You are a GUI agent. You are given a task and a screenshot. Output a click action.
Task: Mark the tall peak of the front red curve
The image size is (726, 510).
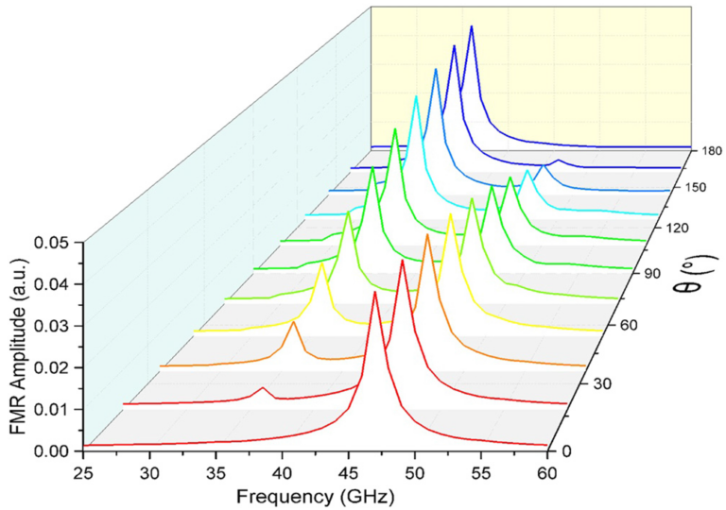375,292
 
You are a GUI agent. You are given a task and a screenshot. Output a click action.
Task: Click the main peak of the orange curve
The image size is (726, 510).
427,234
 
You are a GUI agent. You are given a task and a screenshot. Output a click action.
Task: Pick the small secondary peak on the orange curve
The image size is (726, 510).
293,323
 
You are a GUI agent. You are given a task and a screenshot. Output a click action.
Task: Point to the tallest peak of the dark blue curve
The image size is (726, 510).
471,26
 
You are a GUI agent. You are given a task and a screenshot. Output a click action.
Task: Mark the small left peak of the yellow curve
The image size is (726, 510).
322,263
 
